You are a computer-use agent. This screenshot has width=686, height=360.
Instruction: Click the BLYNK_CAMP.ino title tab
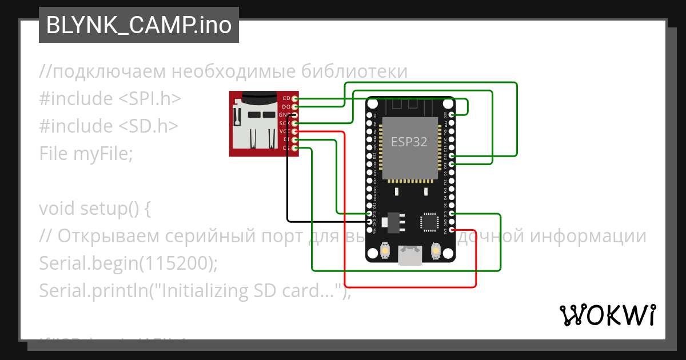click(x=138, y=25)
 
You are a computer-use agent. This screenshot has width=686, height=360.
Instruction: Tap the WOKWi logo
click(x=607, y=315)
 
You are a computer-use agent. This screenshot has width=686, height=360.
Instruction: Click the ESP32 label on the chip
click(x=409, y=142)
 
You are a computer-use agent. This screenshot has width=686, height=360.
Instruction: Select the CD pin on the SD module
click(x=294, y=99)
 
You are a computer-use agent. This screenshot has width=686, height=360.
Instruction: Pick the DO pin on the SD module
click(x=294, y=107)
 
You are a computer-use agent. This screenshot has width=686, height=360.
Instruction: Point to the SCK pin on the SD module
click(x=294, y=123)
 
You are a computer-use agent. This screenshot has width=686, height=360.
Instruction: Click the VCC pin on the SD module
click(x=294, y=131)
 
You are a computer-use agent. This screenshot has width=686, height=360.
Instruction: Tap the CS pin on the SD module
click(x=294, y=148)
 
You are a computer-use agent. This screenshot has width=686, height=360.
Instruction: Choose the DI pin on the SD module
click(x=294, y=139)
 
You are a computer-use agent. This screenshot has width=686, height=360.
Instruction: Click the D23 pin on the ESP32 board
click(x=452, y=115)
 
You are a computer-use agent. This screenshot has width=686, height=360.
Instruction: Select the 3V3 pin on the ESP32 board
click(x=452, y=230)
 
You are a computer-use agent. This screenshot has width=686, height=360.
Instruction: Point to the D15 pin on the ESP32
click(x=452, y=214)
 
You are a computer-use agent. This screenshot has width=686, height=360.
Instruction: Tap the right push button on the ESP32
click(x=436, y=250)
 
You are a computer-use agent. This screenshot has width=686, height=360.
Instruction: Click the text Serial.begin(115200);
click(x=129, y=263)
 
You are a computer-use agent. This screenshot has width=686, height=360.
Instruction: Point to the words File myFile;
click(x=86, y=153)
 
